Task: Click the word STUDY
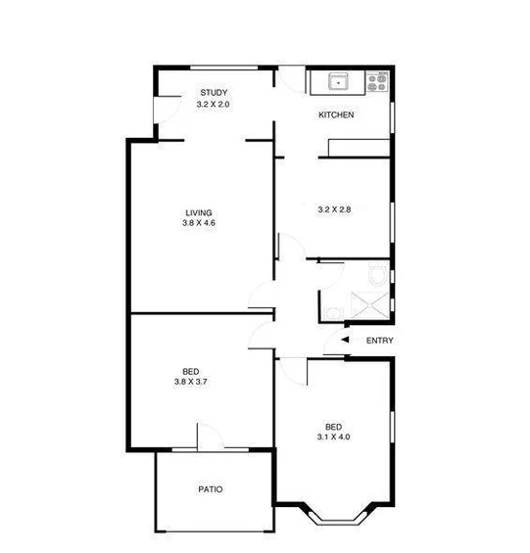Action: tap(213, 93)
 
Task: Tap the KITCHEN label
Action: tap(336, 115)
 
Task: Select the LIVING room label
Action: tap(199, 212)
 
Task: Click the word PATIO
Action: tap(210, 489)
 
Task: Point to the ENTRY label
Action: tap(379, 341)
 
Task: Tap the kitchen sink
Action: tap(336, 82)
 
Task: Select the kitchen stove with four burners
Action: tap(376, 82)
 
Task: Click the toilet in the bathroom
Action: tap(376, 274)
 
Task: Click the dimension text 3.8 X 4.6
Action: tap(199, 224)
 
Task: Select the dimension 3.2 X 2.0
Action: tap(213, 104)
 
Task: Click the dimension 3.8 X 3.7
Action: tap(191, 383)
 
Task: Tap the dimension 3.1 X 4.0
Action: tap(334, 438)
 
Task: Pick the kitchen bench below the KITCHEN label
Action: tap(359, 148)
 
